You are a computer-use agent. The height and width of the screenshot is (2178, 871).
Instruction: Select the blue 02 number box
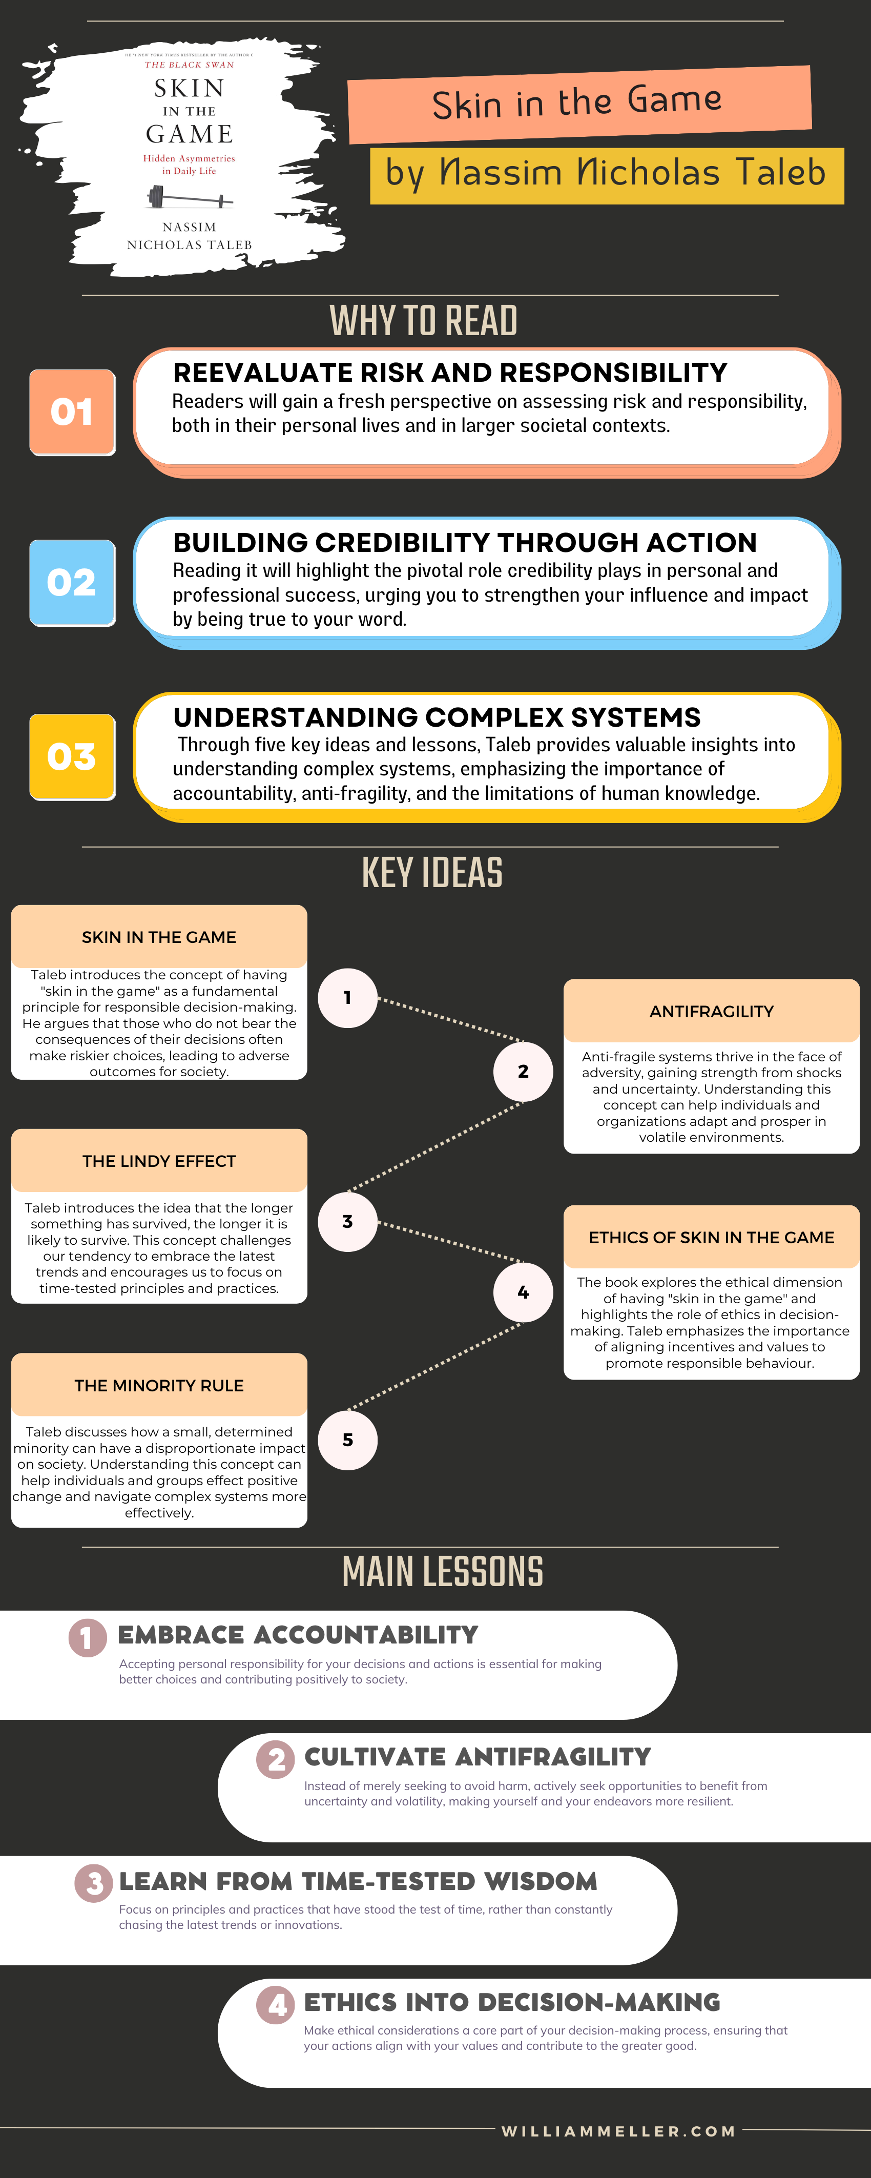coord(72,583)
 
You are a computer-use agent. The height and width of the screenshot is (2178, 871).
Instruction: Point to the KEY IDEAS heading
coord(432,873)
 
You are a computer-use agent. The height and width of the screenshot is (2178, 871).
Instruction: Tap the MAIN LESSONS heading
coord(442,1572)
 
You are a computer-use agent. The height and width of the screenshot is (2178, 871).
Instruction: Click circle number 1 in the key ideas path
coord(347,998)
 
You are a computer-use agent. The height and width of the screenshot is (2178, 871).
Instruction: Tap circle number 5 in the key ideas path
coord(347,1440)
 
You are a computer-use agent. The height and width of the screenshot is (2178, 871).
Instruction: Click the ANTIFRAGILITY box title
coord(711,1011)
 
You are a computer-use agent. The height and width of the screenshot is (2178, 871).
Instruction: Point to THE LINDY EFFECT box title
coord(159,1161)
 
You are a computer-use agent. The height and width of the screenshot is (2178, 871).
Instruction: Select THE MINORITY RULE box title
coord(159,1385)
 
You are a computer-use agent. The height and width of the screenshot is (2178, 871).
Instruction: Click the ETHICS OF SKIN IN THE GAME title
coord(711,1237)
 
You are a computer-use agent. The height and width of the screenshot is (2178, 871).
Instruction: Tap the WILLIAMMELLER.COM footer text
coord(619,2131)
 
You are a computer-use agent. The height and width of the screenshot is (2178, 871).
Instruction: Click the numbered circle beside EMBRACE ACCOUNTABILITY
coord(87,1638)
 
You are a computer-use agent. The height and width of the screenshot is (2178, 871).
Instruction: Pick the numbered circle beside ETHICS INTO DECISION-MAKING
coord(276,2005)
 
